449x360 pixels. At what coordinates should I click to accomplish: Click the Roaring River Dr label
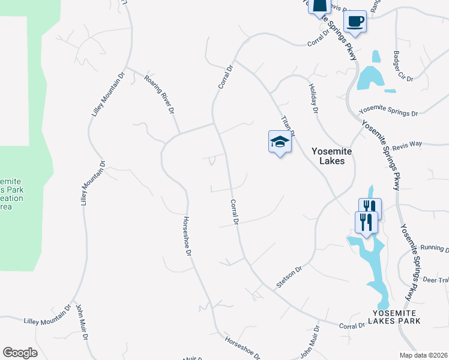[162, 94]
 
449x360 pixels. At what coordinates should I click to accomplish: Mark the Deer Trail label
[436, 280]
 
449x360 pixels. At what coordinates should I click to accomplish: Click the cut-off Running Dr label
[435, 248]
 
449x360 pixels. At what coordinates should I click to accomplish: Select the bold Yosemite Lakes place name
[331, 156]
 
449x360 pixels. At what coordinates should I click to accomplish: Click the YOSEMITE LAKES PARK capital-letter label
[396, 317]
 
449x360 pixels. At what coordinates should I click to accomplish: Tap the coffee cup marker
[356, 22]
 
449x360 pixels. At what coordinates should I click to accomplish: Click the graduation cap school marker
[280, 142]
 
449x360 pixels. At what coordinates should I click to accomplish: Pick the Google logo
[20, 353]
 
